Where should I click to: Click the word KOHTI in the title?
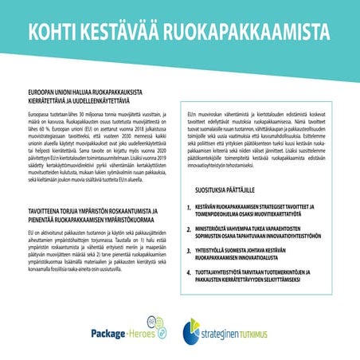coord(55,32)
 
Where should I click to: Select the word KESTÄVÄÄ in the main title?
coord(130,32)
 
